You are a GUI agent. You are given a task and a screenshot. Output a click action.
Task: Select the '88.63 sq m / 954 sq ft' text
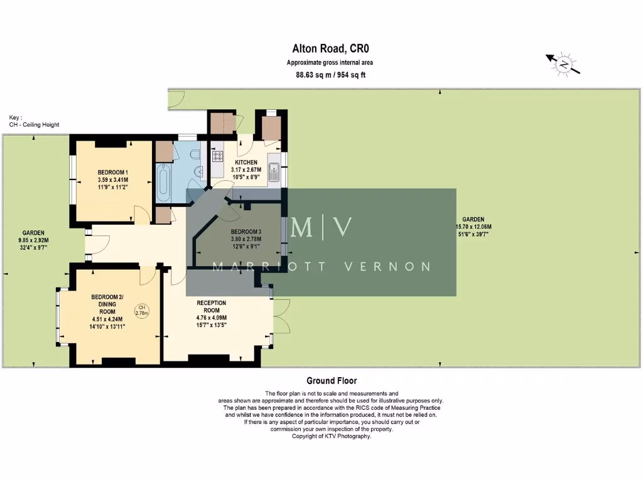[x=330, y=75]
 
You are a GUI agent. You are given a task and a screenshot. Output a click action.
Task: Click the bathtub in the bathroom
[x=163, y=183]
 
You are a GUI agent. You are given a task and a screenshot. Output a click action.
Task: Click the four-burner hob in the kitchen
[x=219, y=156]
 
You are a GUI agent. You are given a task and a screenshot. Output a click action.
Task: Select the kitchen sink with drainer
[x=274, y=170]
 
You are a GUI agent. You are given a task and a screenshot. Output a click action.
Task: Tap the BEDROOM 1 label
[x=113, y=173]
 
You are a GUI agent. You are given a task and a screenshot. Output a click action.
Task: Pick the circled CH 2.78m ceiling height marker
[x=141, y=310]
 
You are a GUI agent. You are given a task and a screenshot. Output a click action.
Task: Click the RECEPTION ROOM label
[x=211, y=307]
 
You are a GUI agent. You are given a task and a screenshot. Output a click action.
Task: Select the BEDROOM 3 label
[x=246, y=232]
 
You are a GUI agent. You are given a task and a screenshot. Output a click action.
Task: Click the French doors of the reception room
[x=281, y=316]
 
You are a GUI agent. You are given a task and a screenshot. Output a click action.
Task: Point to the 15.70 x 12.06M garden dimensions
[x=474, y=227]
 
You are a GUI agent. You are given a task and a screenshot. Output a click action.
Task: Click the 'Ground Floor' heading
[x=331, y=380]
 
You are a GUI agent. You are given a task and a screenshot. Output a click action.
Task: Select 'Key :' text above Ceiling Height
[x=16, y=117]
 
